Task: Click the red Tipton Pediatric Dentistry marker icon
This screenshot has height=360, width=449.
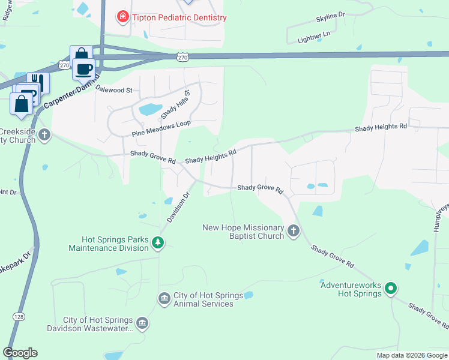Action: coord(123,17)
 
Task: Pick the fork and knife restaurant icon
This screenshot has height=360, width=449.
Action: coord(39,82)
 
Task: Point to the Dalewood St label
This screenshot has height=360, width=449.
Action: coord(113,90)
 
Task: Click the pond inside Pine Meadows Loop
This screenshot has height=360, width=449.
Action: coord(150,110)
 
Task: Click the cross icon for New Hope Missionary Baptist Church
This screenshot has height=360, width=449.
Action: coord(294,230)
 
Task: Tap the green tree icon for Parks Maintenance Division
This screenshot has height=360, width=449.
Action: coord(158,242)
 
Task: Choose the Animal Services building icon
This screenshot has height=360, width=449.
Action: coord(164,299)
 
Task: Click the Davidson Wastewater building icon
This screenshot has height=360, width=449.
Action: coord(142,323)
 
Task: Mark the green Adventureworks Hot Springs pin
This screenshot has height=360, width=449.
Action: coord(391,289)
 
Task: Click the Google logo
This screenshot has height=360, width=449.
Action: coord(20,353)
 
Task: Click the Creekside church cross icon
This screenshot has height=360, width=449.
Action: coord(44,136)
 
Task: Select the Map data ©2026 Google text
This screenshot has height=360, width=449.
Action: coord(411,355)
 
